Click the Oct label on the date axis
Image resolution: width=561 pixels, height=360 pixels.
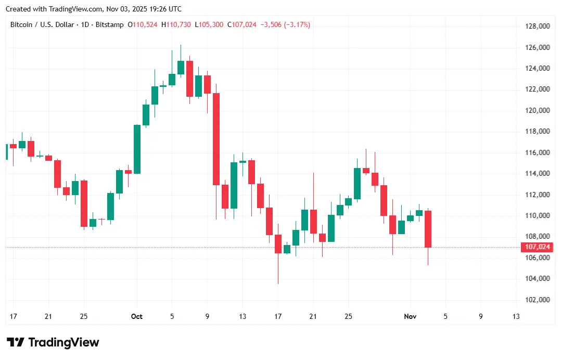tap(137, 316)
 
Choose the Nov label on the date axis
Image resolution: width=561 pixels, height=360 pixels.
tap(411, 316)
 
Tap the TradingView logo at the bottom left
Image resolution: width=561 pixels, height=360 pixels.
tap(53, 342)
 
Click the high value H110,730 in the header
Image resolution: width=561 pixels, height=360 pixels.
tap(177, 24)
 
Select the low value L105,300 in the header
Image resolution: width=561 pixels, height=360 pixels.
tap(209, 24)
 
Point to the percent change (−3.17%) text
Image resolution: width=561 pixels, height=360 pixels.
tap(297, 24)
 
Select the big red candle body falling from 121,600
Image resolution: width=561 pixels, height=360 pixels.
tap(216, 139)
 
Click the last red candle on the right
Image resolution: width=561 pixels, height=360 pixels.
tap(428, 229)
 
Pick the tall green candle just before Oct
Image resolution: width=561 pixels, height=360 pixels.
tap(137, 149)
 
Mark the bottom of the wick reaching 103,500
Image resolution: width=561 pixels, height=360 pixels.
tap(278, 284)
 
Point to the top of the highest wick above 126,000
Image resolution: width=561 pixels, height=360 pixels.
tap(181, 45)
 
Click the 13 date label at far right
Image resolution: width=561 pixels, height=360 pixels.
tap(516, 316)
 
